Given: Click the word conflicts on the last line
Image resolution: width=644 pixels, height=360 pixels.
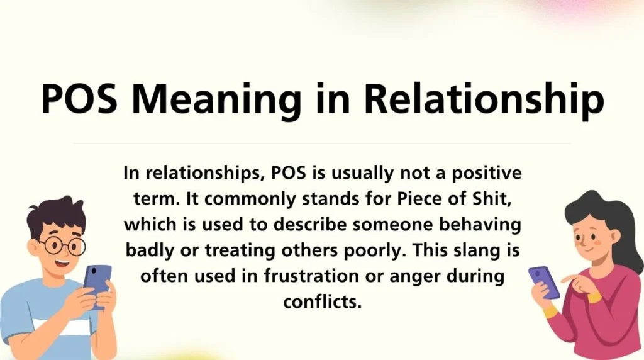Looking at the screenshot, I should [x=322, y=301].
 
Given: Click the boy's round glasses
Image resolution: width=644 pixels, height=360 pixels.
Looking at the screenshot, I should [x=62, y=244].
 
